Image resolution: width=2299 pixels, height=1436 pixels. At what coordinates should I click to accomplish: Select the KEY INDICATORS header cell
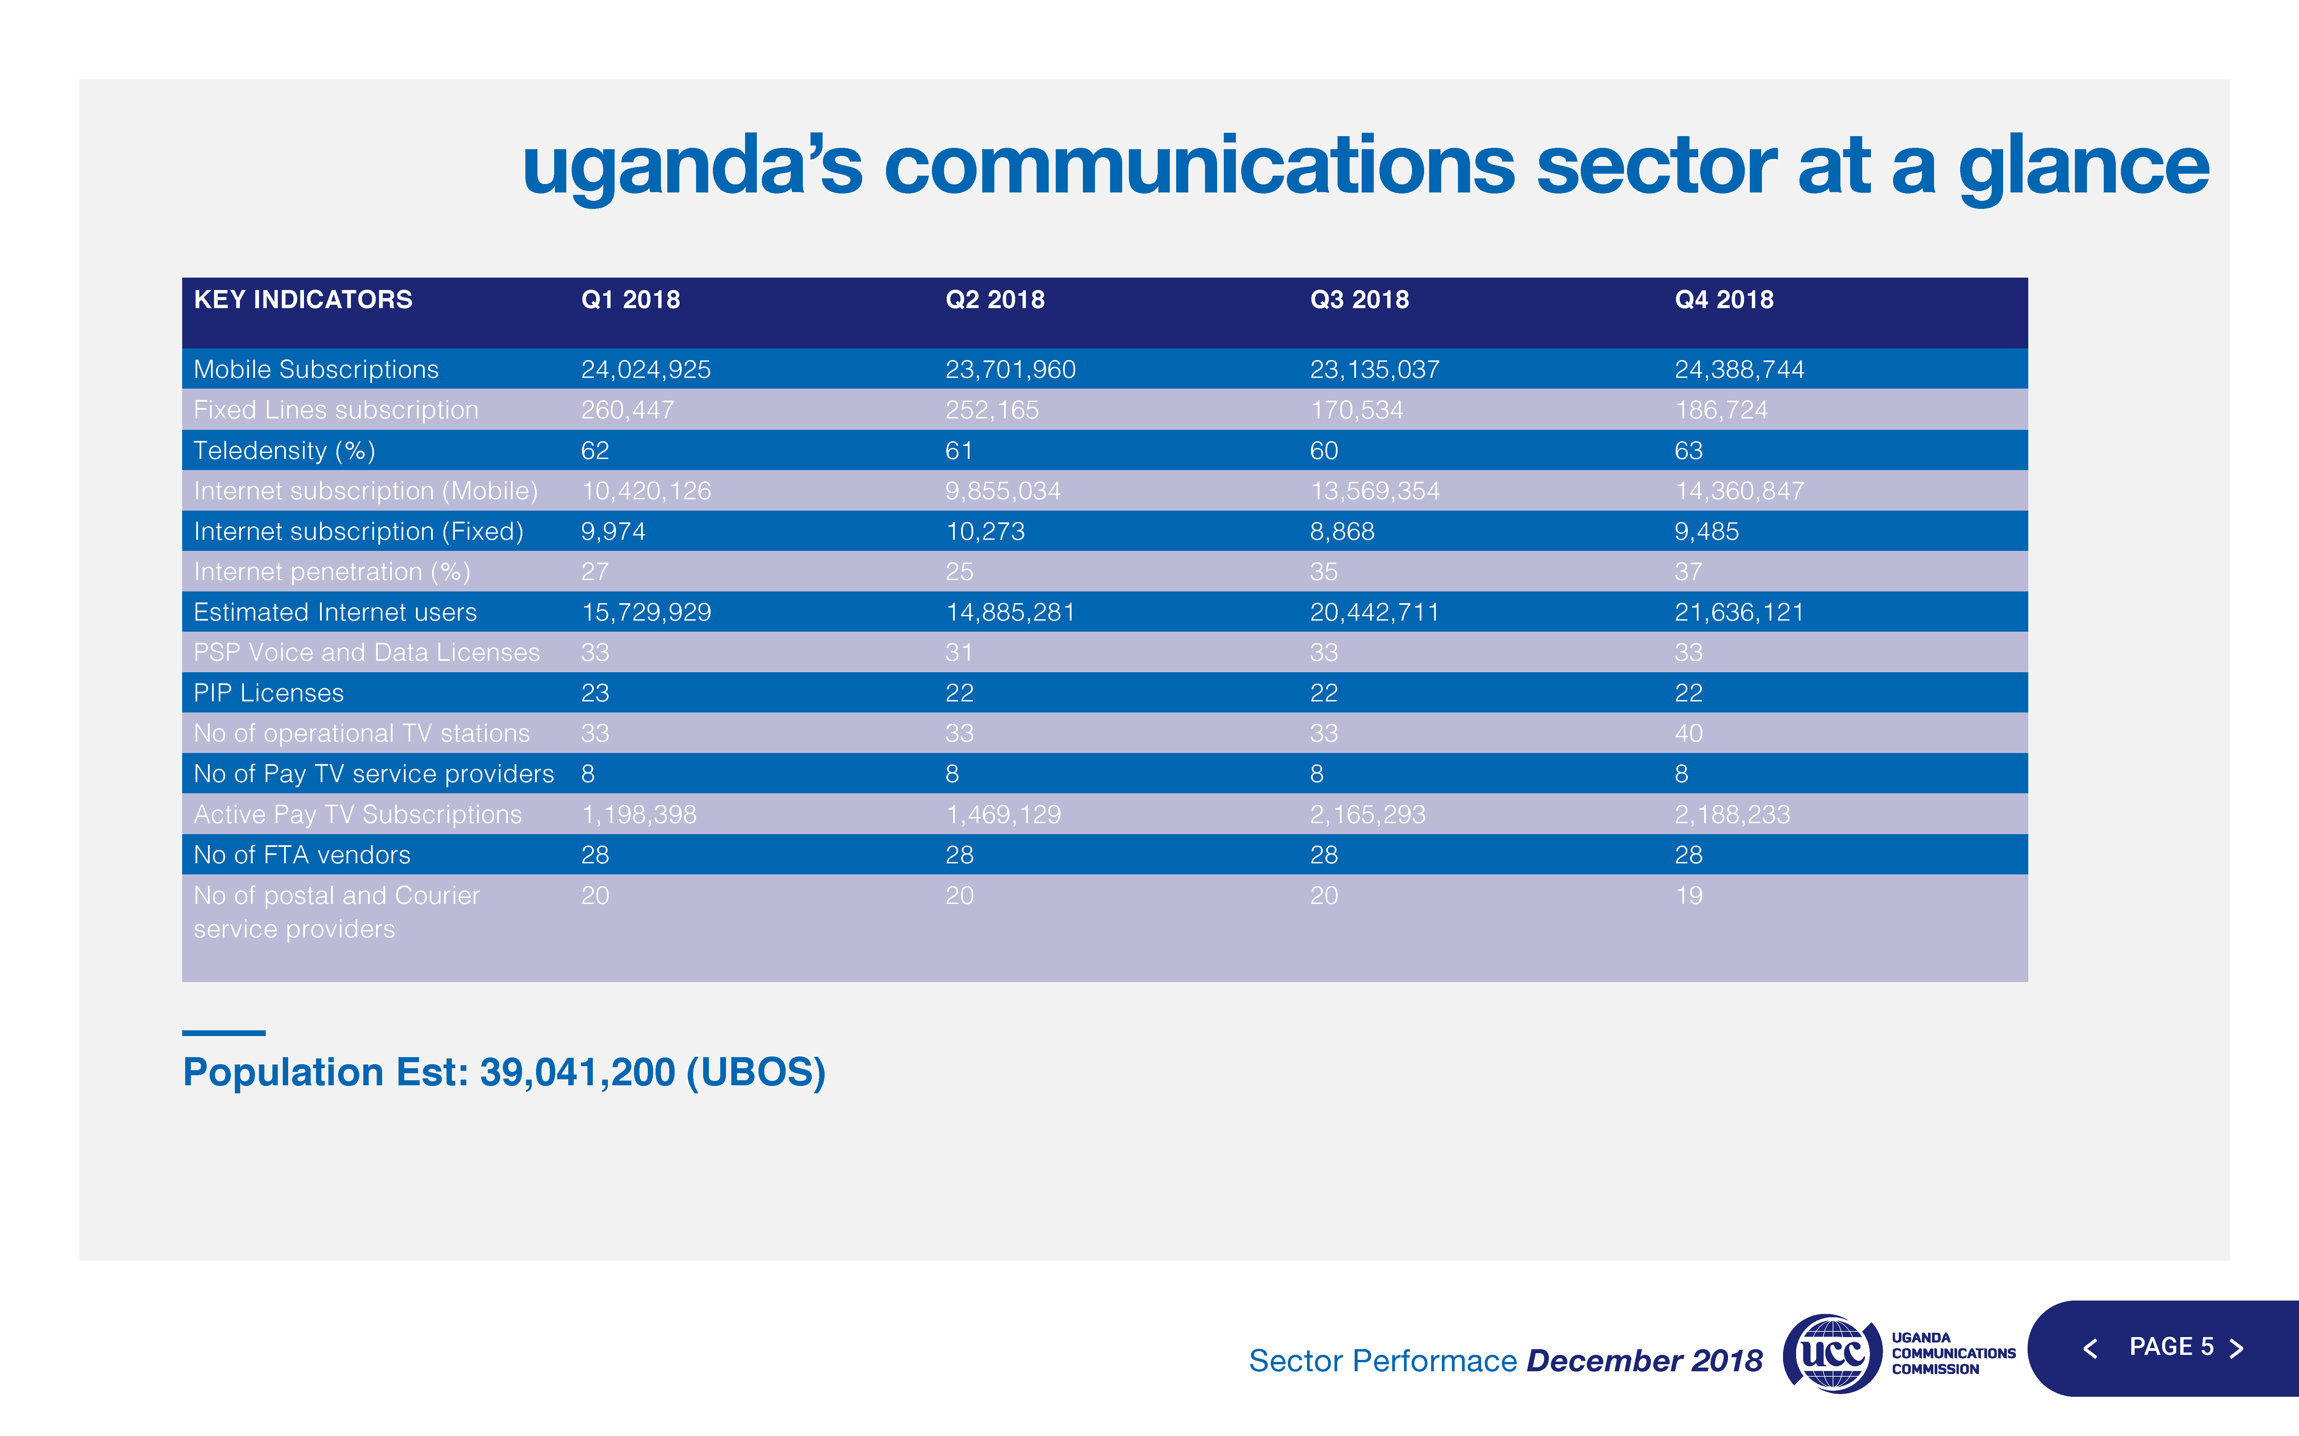tap(303, 300)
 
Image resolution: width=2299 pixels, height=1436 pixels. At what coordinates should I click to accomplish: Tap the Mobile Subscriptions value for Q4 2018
tap(1738, 369)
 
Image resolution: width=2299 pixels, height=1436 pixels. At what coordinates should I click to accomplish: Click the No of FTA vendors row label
tap(302, 855)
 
